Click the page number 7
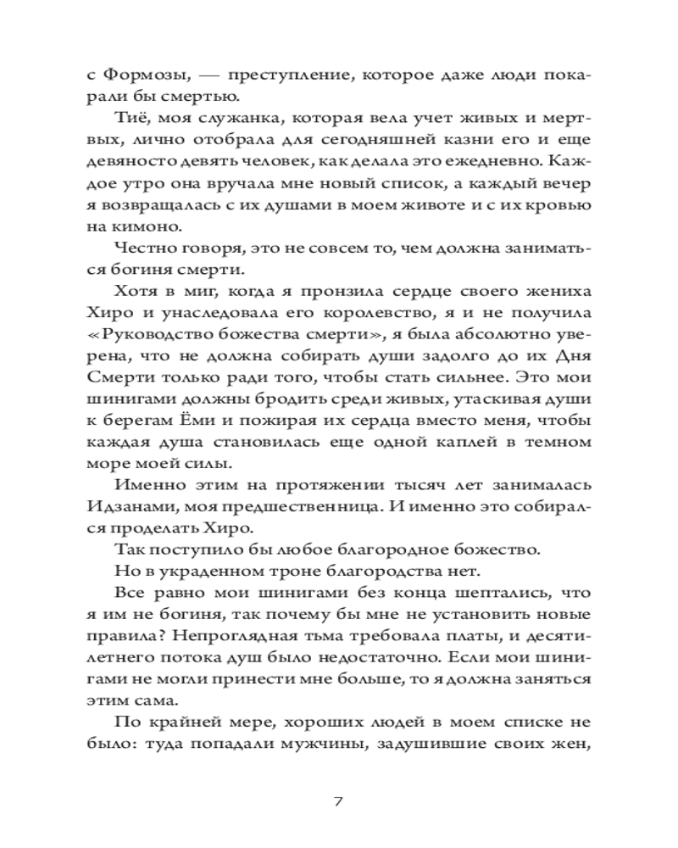click(338, 801)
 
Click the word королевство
click(322, 316)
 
